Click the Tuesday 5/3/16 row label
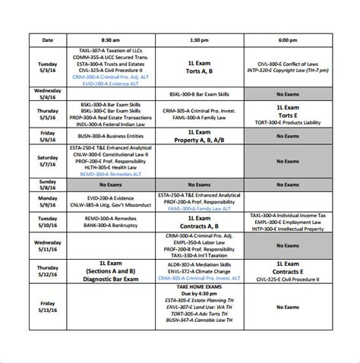pos(48,65)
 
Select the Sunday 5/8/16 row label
pos(48,185)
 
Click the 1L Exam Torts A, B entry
pos(200,65)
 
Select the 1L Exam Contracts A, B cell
pos(200,221)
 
